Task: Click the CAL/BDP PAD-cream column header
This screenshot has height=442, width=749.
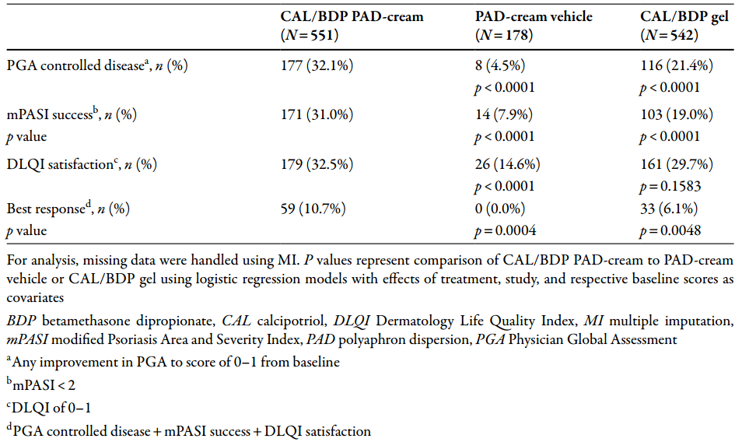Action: tap(352, 26)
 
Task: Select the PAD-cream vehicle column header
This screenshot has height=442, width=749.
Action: tap(534, 26)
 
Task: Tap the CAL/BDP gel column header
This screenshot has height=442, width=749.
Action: tap(684, 26)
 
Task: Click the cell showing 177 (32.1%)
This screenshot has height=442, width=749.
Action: tap(317, 65)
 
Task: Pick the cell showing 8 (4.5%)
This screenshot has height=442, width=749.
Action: tap(499, 65)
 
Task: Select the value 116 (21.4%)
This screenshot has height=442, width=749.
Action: tap(677, 65)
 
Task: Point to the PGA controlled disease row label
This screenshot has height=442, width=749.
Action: tap(97, 65)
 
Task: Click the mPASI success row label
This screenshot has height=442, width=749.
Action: tap(72, 114)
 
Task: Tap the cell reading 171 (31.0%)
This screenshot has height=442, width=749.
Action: tap(317, 114)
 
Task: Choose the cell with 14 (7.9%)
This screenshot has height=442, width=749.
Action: tap(503, 114)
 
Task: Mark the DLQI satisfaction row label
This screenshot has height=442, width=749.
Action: tap(82, 164)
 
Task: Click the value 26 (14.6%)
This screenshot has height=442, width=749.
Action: tap(507, 164)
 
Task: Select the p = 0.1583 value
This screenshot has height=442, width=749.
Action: tap(670, 186)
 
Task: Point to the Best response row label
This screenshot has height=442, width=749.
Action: tap(68, 209)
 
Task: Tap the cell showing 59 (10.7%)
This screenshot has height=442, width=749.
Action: tap(313, 209)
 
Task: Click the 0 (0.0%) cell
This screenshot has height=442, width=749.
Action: tap(499, 209)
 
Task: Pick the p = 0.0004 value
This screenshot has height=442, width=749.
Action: tap(506, 231)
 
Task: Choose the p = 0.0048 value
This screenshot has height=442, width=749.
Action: tap(670, 231)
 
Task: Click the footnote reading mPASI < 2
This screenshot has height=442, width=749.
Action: tap(40, 384)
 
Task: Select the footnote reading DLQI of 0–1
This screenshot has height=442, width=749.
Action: tap(48, 408)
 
